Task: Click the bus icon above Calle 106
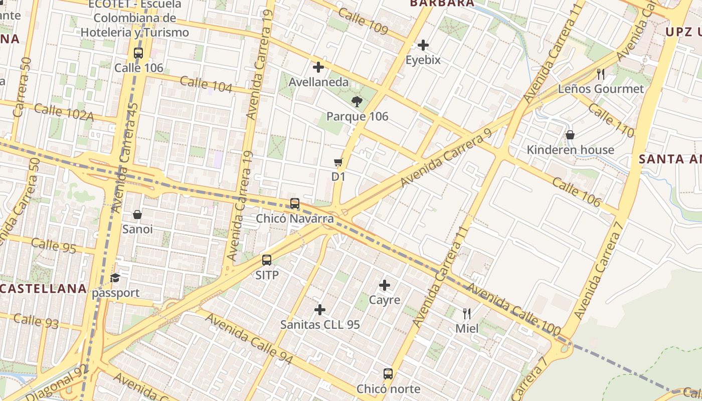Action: tap(138, 53)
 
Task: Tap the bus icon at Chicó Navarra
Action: tap(295, 204)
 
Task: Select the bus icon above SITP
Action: tap(267, 260)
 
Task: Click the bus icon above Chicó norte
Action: tap(388, 374)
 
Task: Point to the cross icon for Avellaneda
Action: tap(318, 67)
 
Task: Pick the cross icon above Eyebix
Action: tap(423, 45)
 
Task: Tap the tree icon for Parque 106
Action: tap(357, 102)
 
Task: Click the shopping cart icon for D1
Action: tap(338, 162)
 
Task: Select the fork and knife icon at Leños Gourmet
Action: tap(601, 75)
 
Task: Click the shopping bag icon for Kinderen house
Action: tap(570, 135)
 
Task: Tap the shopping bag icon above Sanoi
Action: tap(137, 215)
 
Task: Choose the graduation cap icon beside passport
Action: tap(115, 278)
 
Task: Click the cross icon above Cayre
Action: tap(385, 285)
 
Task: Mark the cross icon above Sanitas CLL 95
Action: tap(320, 310)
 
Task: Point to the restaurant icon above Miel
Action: tap(467, 314)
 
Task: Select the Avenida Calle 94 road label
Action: tap(249, 339)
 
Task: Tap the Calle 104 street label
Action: tap(206, 85)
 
